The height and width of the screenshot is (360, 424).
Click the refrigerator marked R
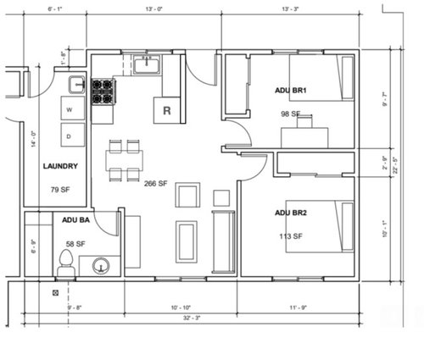click(166, 109)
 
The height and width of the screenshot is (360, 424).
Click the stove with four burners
click(103, 91)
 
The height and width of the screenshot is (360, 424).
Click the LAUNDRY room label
click(61, 167)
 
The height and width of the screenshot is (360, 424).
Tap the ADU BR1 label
click(291, 90)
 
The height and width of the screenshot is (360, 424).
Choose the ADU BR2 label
click(291, 213)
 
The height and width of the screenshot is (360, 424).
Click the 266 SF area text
click(156, 184)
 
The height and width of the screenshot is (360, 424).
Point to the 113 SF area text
click(291, 236)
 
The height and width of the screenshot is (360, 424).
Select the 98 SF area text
click(291, 113)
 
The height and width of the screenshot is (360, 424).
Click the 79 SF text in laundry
click(60, 190)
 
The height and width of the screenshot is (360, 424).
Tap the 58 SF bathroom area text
click(75, 243)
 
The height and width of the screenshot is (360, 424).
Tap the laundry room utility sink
click(75, 85)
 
